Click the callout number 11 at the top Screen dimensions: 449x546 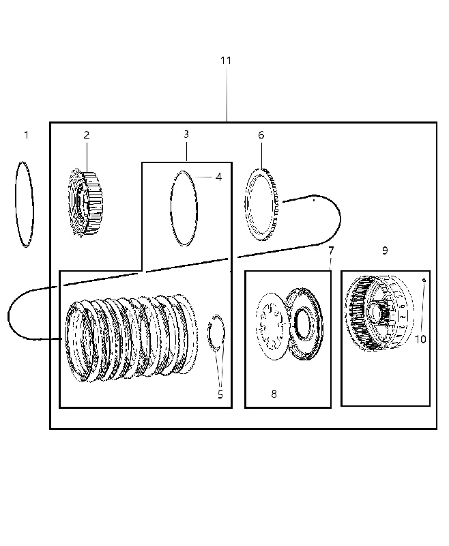tap(226, 61)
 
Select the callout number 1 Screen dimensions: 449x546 tap(27, 134)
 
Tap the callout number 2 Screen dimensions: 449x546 tap(87, 134)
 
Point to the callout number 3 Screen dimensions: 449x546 tap(186, 134)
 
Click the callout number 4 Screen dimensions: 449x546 tap(218, 177)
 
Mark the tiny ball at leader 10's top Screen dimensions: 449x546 tap(424, 280)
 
